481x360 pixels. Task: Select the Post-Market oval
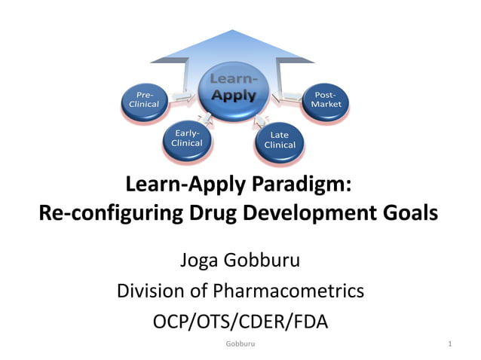[326, 99]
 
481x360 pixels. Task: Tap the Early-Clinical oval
[186, 138]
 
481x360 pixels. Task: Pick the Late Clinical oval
[280, 140]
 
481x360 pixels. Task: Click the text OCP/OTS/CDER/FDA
[240, 320]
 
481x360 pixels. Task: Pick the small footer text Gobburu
[240, 345]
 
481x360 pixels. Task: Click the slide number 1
[449, 345]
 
